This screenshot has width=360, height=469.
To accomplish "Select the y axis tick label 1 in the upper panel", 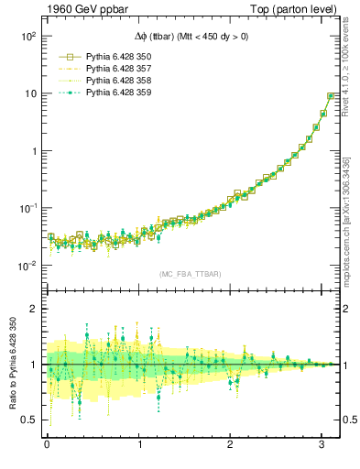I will click(31, 151).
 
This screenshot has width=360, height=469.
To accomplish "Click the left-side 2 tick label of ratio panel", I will click(32, 309).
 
